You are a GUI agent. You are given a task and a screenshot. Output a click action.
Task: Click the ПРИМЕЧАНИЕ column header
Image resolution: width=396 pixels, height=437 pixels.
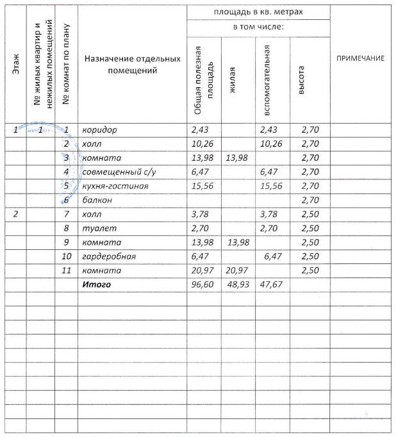pos(360,59)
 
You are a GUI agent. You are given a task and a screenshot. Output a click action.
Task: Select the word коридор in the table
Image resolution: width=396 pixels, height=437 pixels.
pos(99,130)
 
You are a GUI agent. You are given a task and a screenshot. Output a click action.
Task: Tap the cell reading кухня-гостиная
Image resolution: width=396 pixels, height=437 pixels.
pos(115,186)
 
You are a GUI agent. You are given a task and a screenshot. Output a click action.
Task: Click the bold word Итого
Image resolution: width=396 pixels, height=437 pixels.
pos(95,284)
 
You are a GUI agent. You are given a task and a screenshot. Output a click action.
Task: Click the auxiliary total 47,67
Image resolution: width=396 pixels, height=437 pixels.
pos(272,284)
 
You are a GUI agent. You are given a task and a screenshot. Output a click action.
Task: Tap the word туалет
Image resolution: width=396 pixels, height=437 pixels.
pos(97,228)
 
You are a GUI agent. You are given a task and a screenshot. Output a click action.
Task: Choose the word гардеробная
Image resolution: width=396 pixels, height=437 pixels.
pos(109,256)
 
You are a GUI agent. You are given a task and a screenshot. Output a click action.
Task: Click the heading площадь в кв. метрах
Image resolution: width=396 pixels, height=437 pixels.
pos(258,12)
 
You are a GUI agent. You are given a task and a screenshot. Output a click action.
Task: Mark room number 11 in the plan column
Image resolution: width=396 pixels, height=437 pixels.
pos(66,270)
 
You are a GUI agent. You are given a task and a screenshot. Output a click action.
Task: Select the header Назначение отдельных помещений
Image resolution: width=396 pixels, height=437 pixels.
pos(132,64)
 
